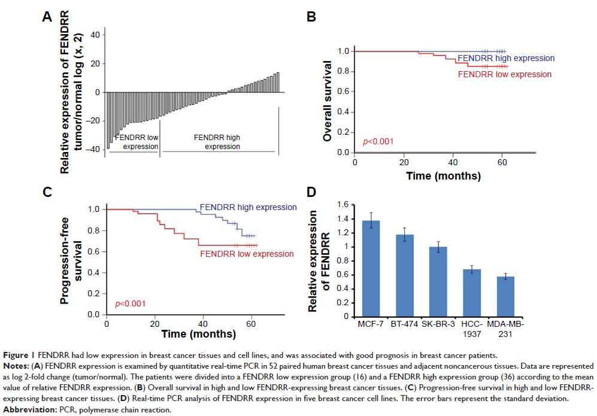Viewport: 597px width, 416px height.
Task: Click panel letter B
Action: coord(311,17)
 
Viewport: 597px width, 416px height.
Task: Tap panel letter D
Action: coord(311,192)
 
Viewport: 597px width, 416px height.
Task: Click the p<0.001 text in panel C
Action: coord(129,303)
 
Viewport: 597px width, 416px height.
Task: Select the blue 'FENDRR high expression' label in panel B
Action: coord(506,58)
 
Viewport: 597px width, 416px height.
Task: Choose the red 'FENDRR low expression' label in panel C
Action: coord(247,254)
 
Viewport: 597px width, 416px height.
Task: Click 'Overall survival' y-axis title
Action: coord(328,101)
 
